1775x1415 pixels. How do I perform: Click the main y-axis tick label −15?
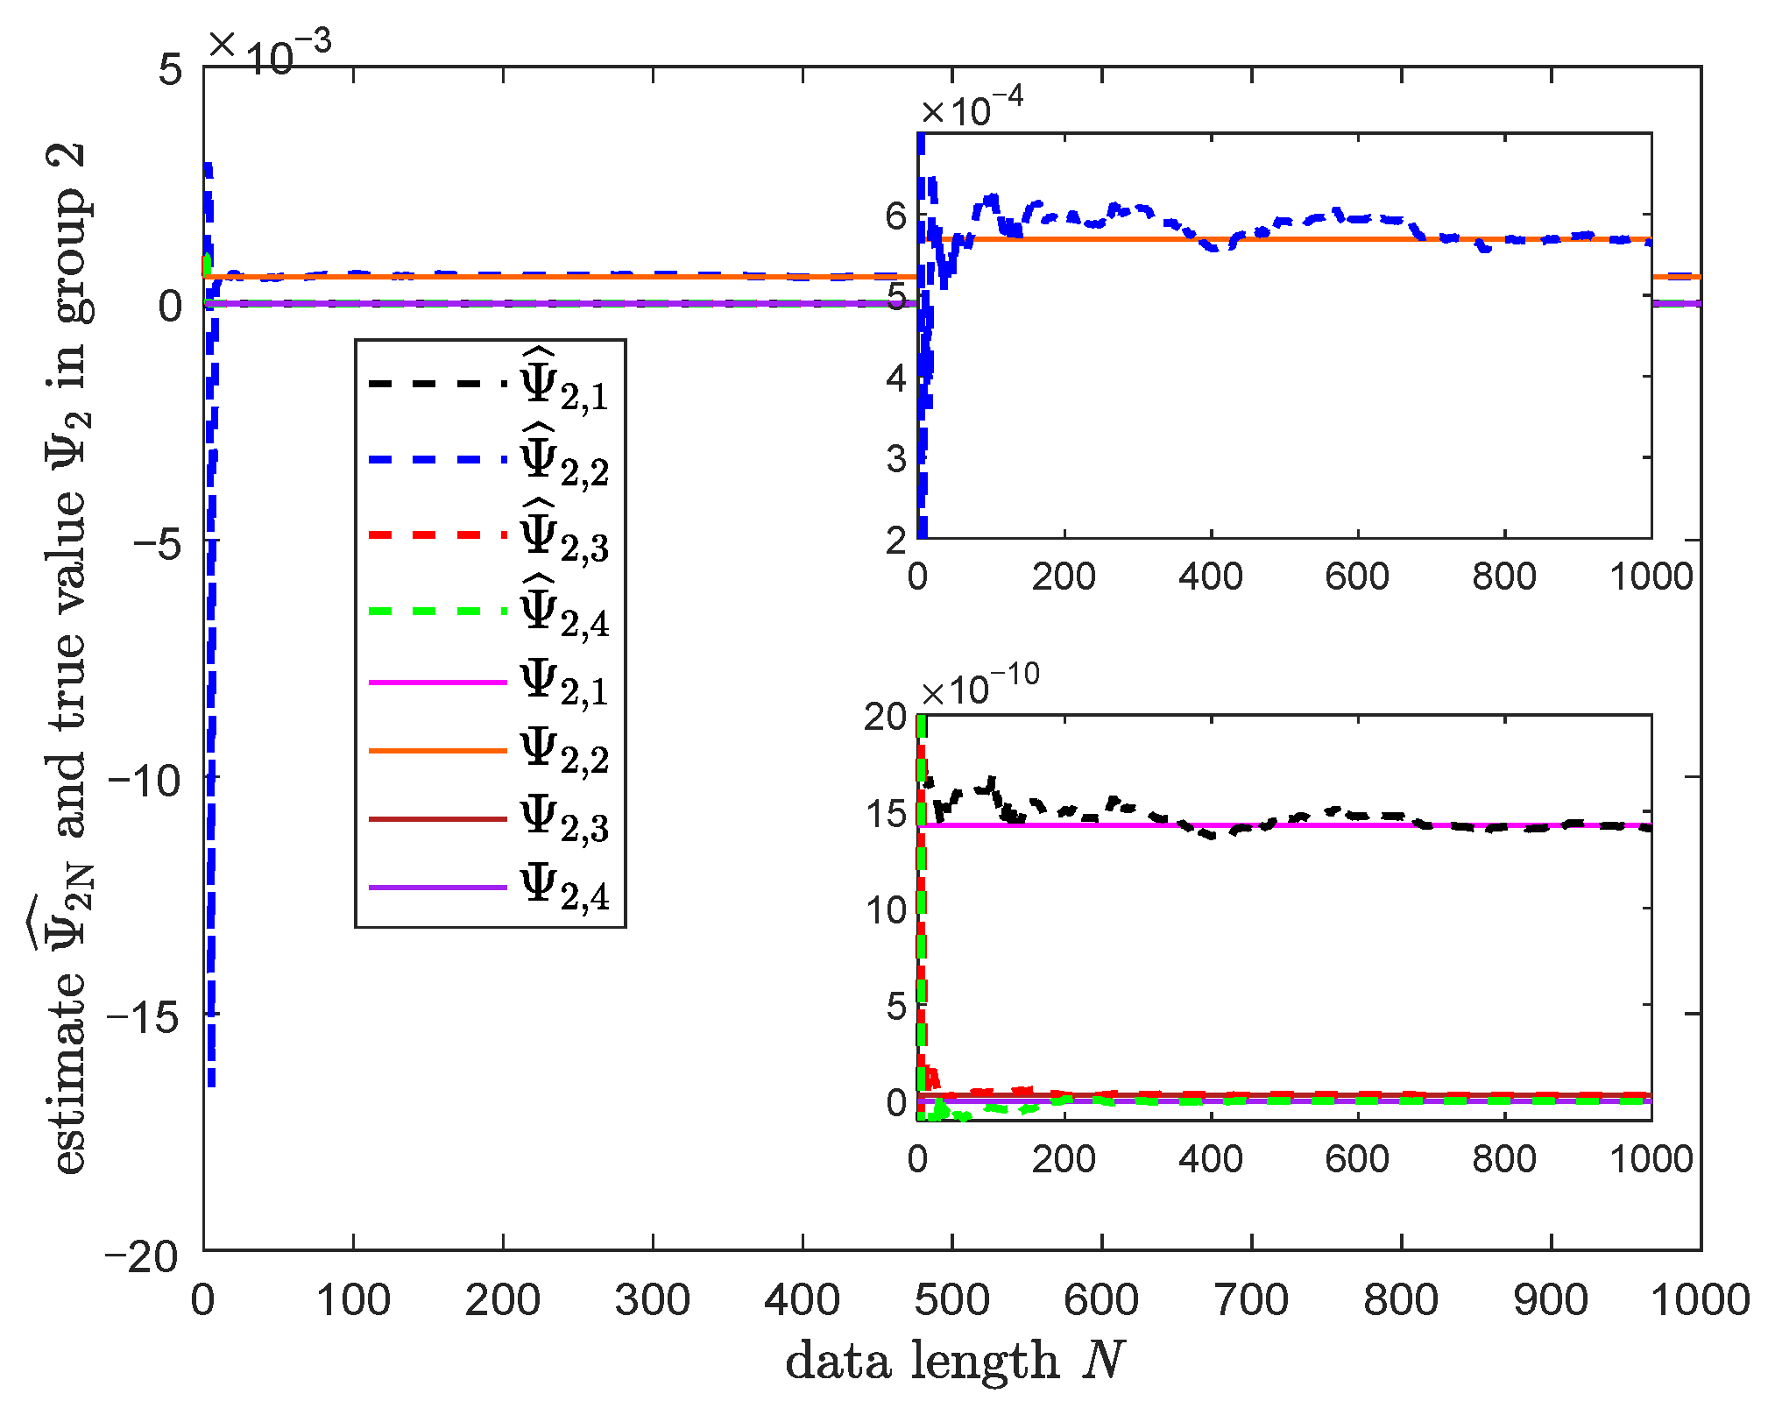coord(142,1015)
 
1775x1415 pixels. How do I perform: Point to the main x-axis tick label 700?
coord(1251,1300)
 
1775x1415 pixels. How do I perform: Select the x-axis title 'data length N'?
coord(953,1361)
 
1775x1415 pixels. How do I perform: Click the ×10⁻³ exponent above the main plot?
coord(270,48)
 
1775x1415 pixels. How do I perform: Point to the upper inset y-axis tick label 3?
coord(895,458)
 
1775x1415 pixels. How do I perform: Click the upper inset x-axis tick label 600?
coord(1357,577)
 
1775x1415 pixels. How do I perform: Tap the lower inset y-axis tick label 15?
coord(886,814)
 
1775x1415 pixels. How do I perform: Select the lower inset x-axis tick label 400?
coord(1211,1159)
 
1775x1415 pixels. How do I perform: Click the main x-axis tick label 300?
coord(652,1300)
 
